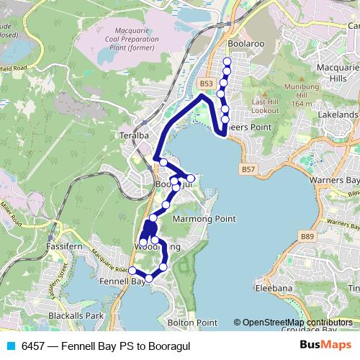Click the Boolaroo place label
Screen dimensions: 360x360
[x=244, y=43]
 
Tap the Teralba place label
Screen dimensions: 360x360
[x=134, y=134]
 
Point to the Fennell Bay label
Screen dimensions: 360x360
[x=123, y=281]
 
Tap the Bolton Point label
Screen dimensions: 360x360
[x=192, y=323]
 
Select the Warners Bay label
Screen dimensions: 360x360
[x=333, y=179]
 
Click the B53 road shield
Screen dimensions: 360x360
[x=207, y=84]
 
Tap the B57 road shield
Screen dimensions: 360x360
[x=248, y=169]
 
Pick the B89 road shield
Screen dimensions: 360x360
[x=307, y=235]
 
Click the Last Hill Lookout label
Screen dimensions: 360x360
[x=265, y=107]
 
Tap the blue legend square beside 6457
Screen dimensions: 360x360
[x=10, y=345]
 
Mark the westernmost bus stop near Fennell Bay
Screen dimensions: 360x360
[x=132, y=271]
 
